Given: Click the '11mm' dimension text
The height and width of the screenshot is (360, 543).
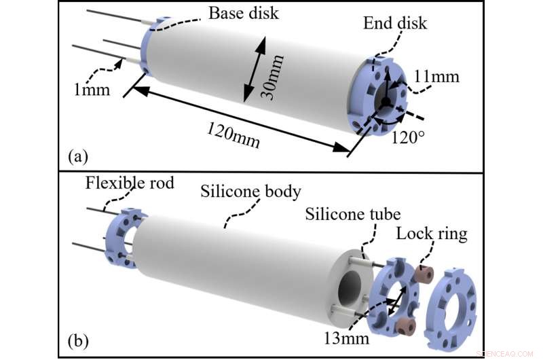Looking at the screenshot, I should (x=436, y=77).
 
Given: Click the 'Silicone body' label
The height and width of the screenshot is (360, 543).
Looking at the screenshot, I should (x=250, y=191).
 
